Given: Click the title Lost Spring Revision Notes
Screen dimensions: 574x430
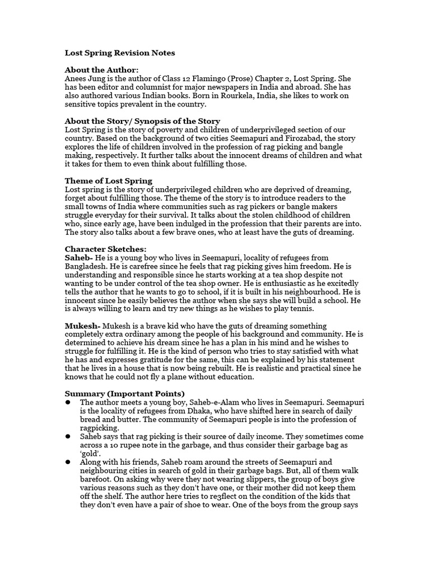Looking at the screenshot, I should pyautogui.click(x=120, y=53).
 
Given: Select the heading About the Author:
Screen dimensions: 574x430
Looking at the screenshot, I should pyautogui.click(x=101, y=70).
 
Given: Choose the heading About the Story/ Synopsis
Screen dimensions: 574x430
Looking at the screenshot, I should pyautogui.click(x=142, y=121).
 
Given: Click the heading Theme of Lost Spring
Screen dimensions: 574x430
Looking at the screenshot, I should pyautogui.click(x=109, y=181).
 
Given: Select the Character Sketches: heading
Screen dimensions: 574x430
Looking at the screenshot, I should pyautogui.click(x=106, y=249).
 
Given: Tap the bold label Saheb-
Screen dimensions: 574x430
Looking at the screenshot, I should pyautogui.click(x=80, y=257).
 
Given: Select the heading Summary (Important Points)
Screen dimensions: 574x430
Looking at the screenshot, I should pyautogui.click(x=124, y=394).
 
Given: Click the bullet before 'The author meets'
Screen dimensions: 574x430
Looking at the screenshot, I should pyautogui.click(x=68, y=402).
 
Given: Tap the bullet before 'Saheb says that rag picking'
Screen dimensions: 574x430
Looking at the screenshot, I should pyautogui.click(x=68, y=437).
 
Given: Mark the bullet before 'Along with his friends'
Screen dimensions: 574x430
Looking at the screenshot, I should pyautogui.click(x=68, y=462).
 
